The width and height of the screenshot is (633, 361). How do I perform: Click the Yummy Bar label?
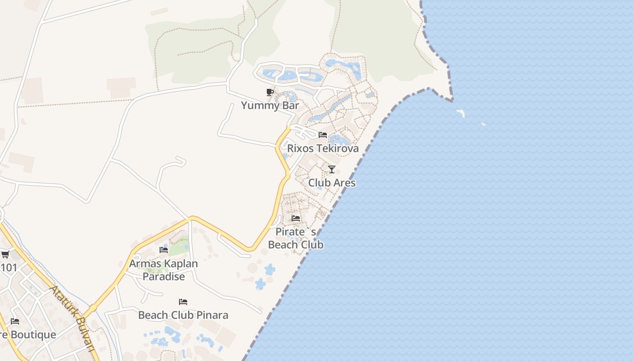(270, 106)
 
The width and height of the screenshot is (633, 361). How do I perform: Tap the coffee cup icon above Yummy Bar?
(270, 93)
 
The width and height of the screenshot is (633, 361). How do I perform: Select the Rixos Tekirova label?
(323, 148)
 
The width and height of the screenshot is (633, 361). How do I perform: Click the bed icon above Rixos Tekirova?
(323, 135)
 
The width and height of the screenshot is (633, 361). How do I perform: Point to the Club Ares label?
(332, 183)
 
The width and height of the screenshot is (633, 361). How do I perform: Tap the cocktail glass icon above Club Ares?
(332, 169)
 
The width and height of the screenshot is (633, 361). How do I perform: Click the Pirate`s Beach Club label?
(296, 238)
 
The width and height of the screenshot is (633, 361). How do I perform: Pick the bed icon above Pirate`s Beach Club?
(296, 218)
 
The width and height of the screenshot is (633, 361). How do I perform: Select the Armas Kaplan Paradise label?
(164, 270)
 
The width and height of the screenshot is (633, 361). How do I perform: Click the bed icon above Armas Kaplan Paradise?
(164, 250)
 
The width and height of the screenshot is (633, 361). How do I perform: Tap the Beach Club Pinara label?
(183, 315)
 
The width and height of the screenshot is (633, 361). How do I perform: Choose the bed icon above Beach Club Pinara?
(183, 301)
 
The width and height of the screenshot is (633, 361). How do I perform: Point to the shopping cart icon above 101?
(5, 255)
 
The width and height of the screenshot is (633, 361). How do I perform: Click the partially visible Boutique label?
(28, 335)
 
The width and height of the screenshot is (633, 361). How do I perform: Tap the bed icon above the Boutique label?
(15, 321)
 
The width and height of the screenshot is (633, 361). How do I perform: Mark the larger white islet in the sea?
(461, 112)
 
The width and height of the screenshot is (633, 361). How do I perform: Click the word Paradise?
(164, 277)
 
